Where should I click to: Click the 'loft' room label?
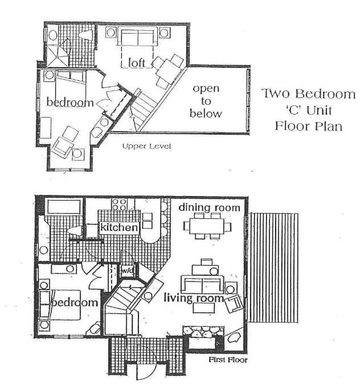click(137, 63)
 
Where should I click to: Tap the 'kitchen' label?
click(119, 227)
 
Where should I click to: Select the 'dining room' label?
click(209, 207)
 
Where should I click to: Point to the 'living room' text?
click(194, 298)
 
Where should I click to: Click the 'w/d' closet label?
click(128, 271)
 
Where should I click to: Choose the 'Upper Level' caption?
click(146, 146)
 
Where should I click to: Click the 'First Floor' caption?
click(228, 360)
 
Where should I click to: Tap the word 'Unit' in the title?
click(320, 110)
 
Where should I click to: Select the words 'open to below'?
click(206, 101)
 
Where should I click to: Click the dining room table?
click(207, 226)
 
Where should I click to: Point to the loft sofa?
click(138, 36)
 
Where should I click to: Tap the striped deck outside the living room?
click(273, 267)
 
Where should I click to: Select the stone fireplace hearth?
click(203, 332)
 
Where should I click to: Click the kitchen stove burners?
click(119, 205)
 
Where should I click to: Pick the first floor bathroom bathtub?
click(64, 206)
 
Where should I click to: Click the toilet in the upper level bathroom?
click(85, 35)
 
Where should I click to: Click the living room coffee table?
click(203, 308)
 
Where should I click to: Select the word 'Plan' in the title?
click(330, 127)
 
